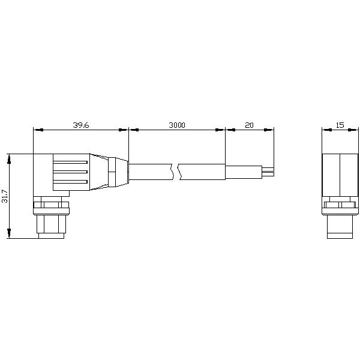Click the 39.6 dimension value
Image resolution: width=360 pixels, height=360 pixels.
click(81, 125)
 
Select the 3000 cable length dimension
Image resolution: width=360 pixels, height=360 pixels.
click(177, 125)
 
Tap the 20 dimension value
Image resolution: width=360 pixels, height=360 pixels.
click(249, 125)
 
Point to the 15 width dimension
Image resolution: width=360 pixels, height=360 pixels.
click(340, 125)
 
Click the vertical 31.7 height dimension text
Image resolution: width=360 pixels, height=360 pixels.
click(5, 196)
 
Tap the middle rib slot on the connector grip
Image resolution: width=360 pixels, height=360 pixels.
click(71, 171)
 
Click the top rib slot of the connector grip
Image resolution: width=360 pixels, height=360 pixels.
click(71, 161)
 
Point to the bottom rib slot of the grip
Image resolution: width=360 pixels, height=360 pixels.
click(71, 181)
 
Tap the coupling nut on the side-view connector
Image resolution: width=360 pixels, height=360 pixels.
click(52, 206)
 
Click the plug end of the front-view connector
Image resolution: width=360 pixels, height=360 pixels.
click(340, 226)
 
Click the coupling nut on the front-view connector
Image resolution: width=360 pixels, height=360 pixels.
click(340, 206)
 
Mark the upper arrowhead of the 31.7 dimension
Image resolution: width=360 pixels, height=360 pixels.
click(9, 157)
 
